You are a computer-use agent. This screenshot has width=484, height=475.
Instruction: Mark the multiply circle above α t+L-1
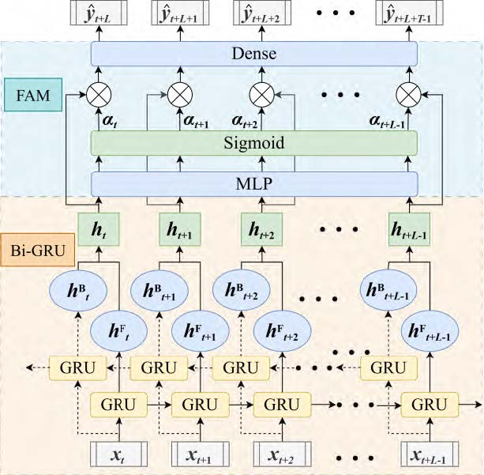(408, 96)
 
